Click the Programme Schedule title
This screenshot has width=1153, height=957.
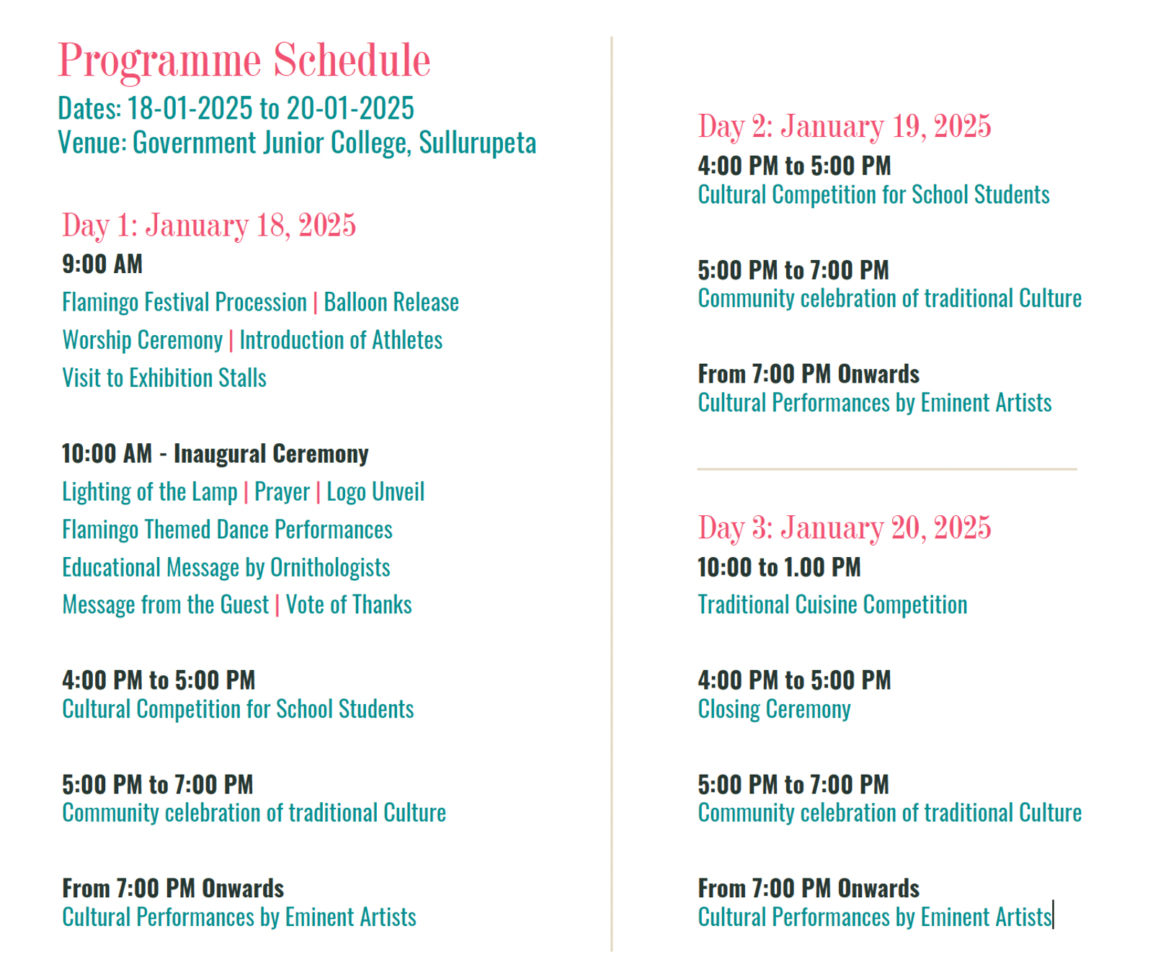[244, 61]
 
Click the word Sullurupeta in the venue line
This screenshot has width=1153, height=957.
[477, 143]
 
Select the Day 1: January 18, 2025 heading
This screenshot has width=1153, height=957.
[209, 225]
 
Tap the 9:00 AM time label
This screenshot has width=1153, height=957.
[102, 264]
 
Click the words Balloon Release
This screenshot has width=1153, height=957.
[391, 302]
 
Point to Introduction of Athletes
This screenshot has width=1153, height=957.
[341, 340]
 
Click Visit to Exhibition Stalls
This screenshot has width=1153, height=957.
[164, 378]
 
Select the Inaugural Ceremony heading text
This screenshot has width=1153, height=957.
[271, 454]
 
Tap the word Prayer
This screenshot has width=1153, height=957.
[282, 492]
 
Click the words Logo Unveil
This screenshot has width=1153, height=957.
[375, 492]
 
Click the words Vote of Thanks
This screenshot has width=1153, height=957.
[349, 605]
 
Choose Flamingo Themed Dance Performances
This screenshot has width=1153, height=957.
[227, 530]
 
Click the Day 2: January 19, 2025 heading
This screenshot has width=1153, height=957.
[845, 126]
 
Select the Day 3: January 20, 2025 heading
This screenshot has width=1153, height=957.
[845, 528]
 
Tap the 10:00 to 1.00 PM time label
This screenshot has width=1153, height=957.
[779, 567]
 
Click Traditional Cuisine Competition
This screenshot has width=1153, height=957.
[832, 605]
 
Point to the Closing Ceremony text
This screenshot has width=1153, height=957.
[774, 709]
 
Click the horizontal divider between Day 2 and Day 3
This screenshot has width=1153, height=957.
[887, 469]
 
